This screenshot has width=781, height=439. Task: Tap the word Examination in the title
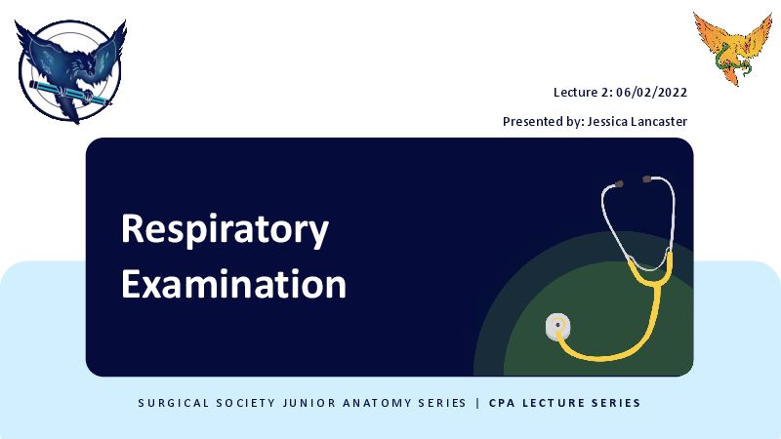point(233,284)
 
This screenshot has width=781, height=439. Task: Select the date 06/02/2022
point(651,93)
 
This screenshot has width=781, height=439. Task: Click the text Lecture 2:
point(583,93)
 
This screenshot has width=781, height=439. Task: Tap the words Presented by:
point(543,122)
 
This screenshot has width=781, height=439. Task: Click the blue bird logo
point(70,71)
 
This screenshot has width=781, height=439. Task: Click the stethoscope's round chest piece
point(557,326)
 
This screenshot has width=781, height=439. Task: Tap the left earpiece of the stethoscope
point(618,184)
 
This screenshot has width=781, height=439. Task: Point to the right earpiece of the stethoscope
point(647,179)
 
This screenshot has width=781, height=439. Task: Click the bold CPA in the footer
point(502,403)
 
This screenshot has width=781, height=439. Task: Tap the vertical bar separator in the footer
point(477,403)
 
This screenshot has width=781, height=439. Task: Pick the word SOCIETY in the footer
point(246,403)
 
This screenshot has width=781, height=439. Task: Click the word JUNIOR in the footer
point(309,403)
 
